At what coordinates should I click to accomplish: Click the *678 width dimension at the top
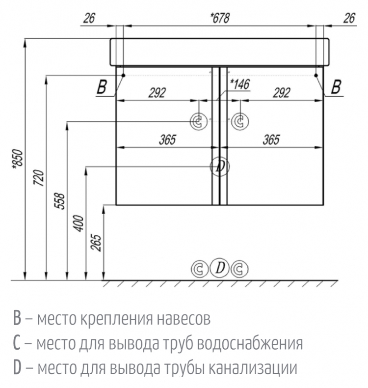point(220,18)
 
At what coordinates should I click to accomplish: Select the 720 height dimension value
point(39,178)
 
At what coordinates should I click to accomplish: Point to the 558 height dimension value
point(59,201)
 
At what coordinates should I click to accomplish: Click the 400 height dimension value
point(79,223)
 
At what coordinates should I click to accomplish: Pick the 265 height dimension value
point(96,243)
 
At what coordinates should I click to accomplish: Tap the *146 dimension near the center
point(240,84)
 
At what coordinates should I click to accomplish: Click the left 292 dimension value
point(157,93)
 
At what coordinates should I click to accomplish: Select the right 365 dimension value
point(271,139)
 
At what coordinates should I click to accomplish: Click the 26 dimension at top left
point(89,18)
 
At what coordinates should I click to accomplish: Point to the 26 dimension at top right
point(349,18)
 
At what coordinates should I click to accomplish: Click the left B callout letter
point(102,87)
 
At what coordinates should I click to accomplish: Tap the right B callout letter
point(336,87)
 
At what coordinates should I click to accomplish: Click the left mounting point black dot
point(123,75)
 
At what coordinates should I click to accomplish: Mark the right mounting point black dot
point(316,75)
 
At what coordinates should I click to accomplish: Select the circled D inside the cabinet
point(220,166)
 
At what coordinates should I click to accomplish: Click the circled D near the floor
point(220,268)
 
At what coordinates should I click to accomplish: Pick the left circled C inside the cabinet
point(199,121)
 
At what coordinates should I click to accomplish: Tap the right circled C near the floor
point(239,269)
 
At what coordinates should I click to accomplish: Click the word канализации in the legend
point(253,368)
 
